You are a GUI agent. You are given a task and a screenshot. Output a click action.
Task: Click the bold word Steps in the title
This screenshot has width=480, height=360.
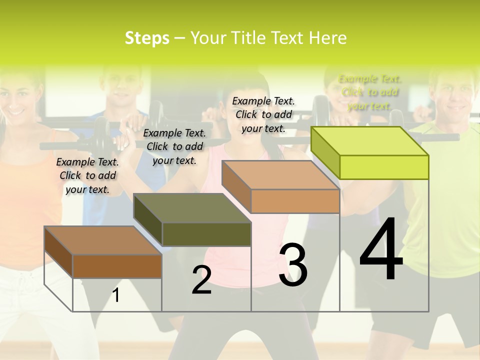point(147,38)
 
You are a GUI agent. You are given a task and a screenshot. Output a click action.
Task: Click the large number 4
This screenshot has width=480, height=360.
point(381,250)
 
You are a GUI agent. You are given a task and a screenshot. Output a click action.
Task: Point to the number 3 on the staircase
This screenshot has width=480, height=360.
point(293,265)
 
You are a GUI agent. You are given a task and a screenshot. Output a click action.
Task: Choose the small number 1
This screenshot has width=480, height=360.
point(116,295)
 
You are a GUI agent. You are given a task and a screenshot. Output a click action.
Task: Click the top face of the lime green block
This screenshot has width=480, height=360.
point(370,141)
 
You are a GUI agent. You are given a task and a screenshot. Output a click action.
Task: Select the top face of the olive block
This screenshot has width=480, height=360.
point(192,208)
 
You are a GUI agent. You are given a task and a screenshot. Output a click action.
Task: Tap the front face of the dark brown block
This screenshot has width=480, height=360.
point(117,266)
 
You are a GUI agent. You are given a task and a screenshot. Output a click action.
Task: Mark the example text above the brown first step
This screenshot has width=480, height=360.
point(87,175)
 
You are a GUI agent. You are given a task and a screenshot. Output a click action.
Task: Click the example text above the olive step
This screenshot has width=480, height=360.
point(174,146)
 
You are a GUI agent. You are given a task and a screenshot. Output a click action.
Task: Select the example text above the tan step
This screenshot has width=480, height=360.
point(263,114)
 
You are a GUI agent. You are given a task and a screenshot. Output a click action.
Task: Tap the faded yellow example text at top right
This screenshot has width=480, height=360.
point(369,92)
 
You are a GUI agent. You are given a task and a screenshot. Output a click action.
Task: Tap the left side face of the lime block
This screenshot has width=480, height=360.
point(325,152)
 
